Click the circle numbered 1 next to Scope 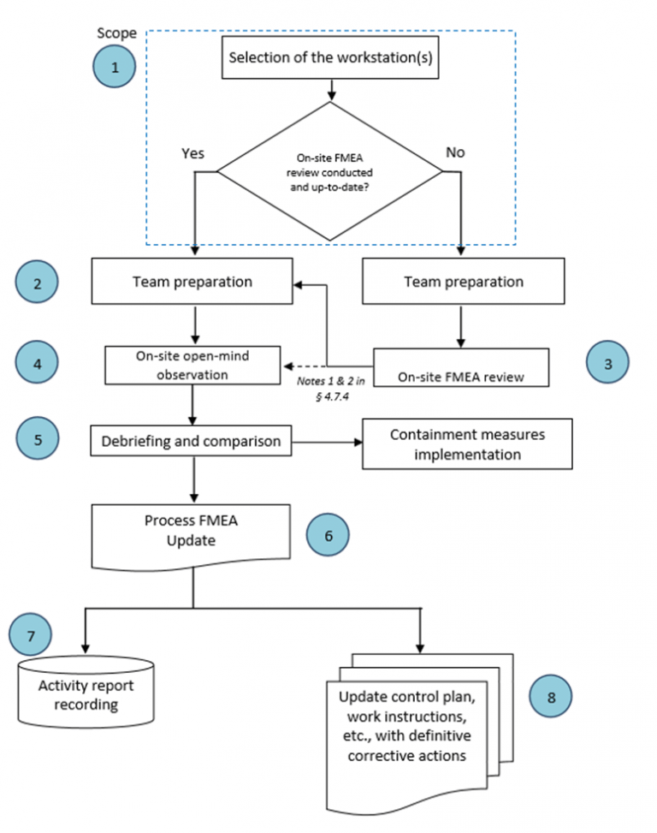pyautogui.click(x=115, y=67)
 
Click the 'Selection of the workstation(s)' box pyautogui.click(x=330, y=61)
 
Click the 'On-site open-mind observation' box pyautogui.click(x=193, y=366)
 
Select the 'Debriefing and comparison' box pyautogui.click(x=192, y=443)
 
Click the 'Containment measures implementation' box pyautogui.click(x=467, y=444)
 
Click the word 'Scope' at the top pyautogui.click(x=117, y=33)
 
